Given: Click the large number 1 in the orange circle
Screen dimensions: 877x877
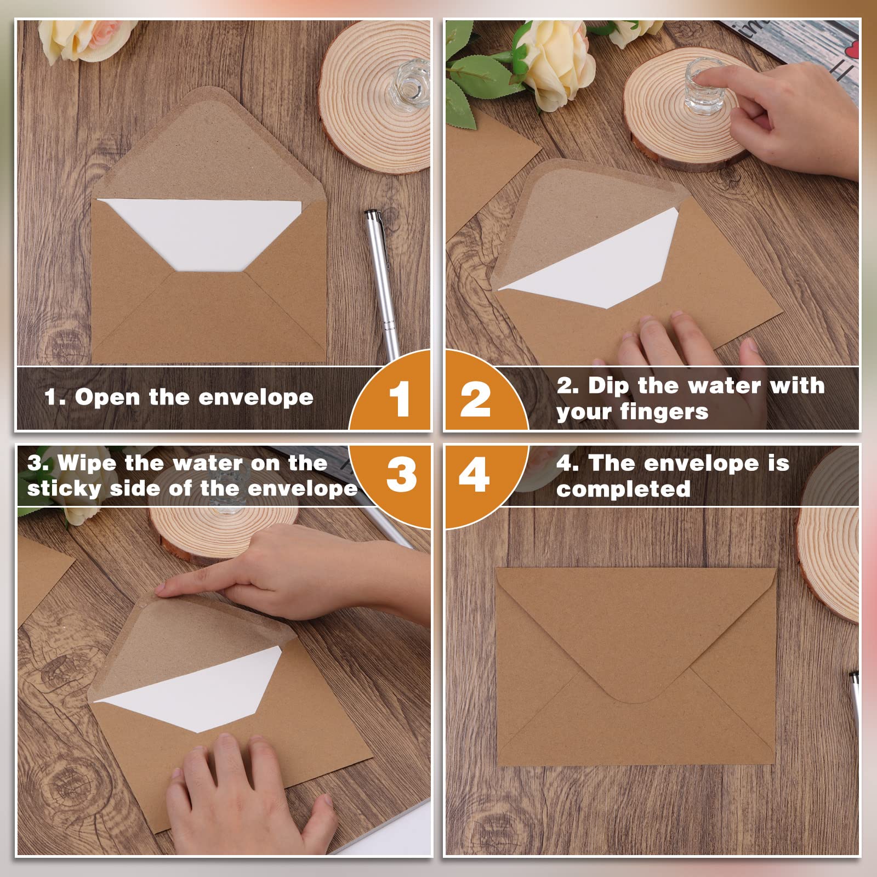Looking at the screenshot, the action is pyautogui.click(x=400, y=398).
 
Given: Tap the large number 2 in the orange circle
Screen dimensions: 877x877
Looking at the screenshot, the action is pyautogui.click(x=476, y=398).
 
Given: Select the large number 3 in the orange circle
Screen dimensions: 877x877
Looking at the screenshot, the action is pyautogui.click(x=401, y=474).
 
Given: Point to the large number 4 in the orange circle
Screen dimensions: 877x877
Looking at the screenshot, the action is pyautogui.click(x=474, y=474).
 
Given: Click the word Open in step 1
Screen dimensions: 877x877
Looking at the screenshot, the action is pyautogui.click(x=107, y=397).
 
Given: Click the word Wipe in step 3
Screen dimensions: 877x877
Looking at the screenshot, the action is pyautogui.click(x=87, y=463).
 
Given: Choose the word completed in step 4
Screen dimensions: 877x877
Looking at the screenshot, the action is pyautogui.click(x=623, y=489).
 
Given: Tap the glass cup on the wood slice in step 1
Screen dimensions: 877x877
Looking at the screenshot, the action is pyautogui.click(x=409, y=86).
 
